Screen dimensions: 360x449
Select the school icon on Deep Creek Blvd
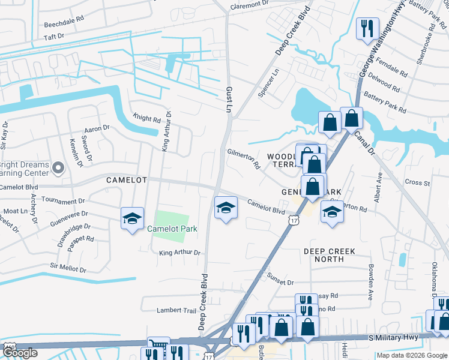click(x=226, y=208)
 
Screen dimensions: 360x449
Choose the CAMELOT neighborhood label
click(x=127, y=180)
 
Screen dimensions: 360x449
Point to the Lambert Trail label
click(x=176, y=310)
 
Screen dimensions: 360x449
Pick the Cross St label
click(x=417, y=182)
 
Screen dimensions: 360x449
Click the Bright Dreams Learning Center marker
click(x=58, y=167)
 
